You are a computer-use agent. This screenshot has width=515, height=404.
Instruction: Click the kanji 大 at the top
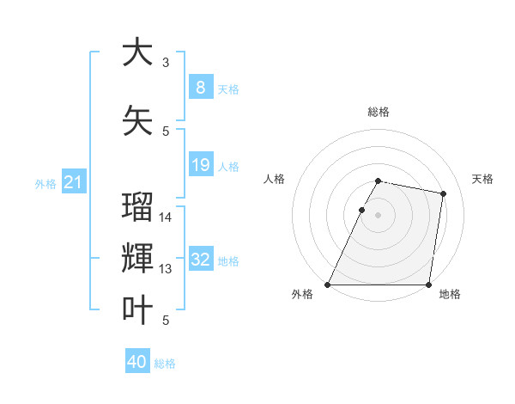click(138, 52)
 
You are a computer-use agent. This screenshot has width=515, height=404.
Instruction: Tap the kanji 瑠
click(138, 209)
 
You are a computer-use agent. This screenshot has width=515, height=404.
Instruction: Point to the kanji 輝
click(138, 258)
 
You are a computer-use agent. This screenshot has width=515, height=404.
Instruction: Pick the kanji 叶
click(138, 309)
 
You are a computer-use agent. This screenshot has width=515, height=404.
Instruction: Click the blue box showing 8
click(200, 88)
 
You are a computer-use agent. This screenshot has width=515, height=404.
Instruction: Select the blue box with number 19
click(200, 165)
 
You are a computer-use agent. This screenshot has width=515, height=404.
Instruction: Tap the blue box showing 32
click(201, 260)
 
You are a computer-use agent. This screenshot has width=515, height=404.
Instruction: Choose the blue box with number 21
click(73, 182)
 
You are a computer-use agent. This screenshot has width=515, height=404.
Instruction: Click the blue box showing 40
click(137, 362)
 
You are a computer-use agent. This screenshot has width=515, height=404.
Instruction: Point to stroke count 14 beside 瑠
click(166, 217)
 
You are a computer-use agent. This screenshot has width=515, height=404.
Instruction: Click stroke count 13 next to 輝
click(166, 269)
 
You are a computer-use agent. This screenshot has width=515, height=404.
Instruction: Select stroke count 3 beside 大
click(166, 63)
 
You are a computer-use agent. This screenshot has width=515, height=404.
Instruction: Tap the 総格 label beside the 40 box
click(165, 364)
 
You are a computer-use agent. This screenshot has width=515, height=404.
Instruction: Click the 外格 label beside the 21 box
click(45, 184)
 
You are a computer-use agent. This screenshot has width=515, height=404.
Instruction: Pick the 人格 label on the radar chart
click(274, 179)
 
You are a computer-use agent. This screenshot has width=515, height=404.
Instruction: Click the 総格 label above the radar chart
click(378, 112)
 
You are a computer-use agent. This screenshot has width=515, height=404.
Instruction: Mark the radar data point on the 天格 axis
click(443, 194)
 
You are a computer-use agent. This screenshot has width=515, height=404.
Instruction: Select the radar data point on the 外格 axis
click(328, 285)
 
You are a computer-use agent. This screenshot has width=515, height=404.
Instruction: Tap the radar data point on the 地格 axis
click(427, 285)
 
